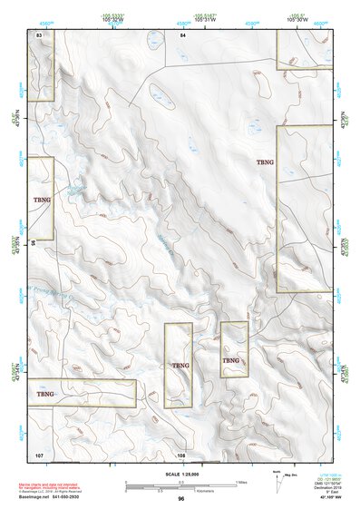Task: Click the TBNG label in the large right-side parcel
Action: pos(265,162)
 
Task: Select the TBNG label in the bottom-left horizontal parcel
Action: pos(45,395)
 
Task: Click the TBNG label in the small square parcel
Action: pos(231,360)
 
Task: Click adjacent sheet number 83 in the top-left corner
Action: pos(39,34)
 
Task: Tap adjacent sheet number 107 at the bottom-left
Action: pos(39,453)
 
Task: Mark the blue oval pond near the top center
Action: pos(163,95)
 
